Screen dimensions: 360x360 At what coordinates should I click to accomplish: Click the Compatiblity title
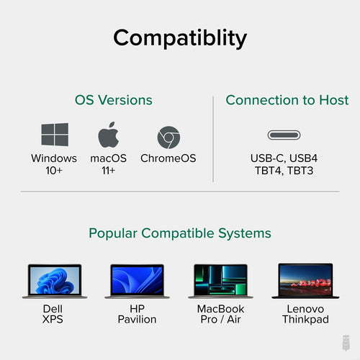point(180,37)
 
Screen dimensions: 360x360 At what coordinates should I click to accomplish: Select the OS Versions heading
point(114,100)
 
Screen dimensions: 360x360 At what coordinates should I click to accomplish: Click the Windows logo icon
point(55,136)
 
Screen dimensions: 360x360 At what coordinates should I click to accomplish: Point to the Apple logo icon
point(108,135)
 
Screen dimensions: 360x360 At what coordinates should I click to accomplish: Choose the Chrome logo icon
point(168,136)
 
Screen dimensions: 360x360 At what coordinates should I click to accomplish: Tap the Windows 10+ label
point(54,164)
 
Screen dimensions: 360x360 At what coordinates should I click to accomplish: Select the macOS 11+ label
point(108,164)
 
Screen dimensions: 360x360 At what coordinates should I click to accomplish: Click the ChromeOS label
point(168,158)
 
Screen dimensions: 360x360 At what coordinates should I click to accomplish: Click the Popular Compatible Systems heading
point(180,233)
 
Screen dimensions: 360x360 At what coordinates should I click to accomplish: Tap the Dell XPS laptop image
point(55,281)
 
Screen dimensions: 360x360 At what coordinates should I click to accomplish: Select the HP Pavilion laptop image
point(138,281)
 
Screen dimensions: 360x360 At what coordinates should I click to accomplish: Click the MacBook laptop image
point(221,281)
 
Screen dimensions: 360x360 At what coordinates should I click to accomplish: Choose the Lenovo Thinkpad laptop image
point(305,281)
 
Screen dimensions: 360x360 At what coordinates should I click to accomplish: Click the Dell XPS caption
point(53,313)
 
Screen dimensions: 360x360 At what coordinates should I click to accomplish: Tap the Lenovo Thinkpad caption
point(305,313)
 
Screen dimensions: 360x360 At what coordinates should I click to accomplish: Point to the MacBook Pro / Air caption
point(221,313)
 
